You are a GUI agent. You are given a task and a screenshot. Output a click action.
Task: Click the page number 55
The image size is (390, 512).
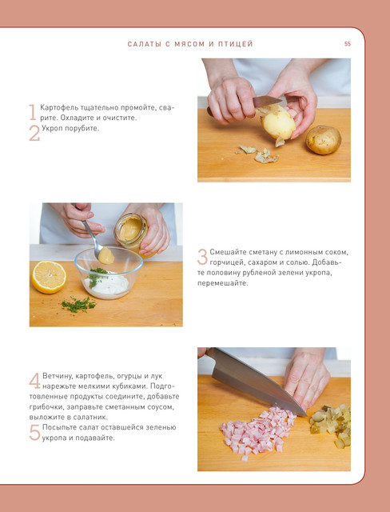point(348,44)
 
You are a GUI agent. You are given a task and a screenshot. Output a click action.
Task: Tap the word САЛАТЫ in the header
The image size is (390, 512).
point(143,44)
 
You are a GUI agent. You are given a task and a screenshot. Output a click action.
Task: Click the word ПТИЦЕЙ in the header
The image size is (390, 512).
point(236,45)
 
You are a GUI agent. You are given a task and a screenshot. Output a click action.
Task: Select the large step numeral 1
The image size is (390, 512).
point(32,112)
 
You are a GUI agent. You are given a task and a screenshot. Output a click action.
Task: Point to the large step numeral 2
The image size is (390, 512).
point(34,133)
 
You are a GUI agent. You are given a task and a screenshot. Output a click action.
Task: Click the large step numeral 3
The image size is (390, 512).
point(202,257)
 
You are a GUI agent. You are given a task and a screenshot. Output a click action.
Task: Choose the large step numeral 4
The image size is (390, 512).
point(34,381)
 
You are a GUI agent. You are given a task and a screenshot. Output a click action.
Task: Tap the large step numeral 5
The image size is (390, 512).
point(34,432)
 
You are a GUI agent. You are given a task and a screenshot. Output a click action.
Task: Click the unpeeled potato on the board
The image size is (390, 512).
point(324,140)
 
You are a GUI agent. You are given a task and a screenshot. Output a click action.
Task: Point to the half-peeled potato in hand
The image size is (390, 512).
point(277,122)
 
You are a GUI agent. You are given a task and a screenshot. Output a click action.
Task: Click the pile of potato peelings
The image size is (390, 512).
point(258,154)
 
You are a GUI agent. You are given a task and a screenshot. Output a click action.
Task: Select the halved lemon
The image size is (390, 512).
point(49,277)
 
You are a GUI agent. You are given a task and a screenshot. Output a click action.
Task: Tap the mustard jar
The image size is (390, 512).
point(132,233)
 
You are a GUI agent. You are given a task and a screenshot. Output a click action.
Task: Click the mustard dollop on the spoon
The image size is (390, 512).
point(106,255)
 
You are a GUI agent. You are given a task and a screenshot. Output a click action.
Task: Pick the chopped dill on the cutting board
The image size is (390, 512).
point(78,304)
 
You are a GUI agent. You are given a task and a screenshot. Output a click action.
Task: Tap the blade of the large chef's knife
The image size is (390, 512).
point(257,382)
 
